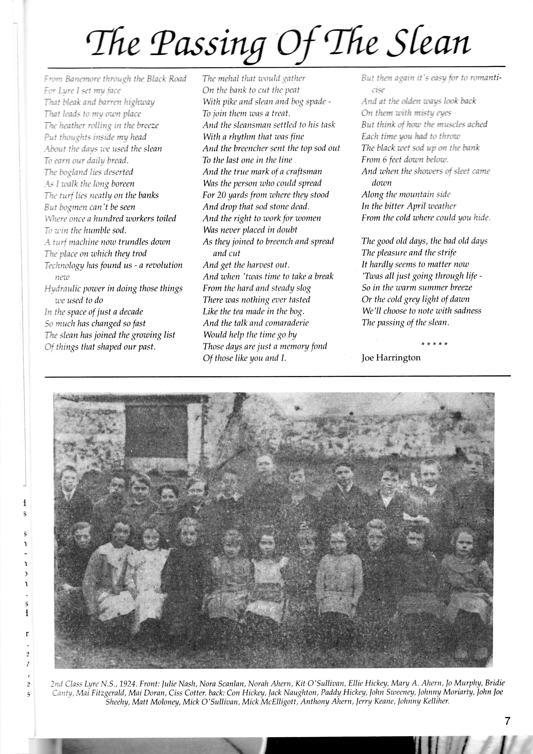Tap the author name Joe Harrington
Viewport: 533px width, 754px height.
tap(391, 357)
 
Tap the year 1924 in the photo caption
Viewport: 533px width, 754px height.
tap(128, 684)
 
